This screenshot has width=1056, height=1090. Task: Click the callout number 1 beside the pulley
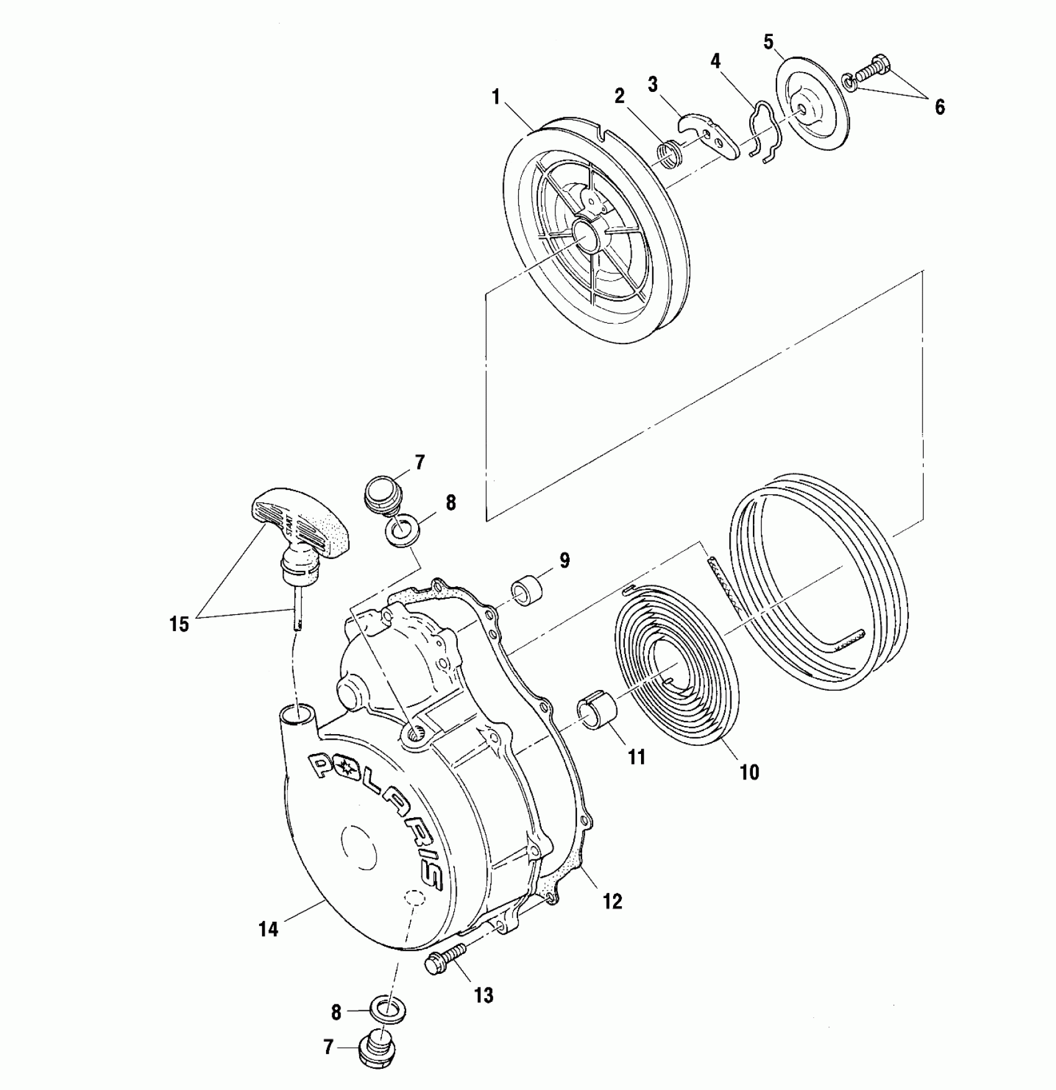496,98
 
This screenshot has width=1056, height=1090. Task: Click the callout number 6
939,107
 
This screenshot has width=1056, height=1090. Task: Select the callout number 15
179,624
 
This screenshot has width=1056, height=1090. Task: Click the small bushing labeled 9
527,593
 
